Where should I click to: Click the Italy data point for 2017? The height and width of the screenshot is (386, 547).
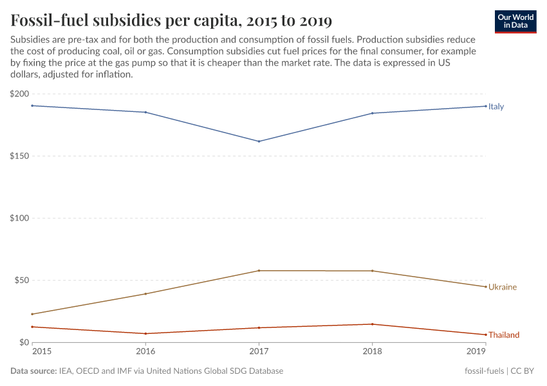259,142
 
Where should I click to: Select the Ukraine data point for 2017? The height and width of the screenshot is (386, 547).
259,271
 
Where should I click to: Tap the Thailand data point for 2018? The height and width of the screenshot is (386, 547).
372,324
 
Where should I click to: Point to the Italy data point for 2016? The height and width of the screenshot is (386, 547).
145,113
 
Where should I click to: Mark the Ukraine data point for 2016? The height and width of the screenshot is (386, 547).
145,294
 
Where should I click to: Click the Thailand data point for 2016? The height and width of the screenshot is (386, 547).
145,334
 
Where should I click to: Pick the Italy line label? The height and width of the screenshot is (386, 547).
496,107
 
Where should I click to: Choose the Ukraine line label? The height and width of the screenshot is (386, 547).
502,287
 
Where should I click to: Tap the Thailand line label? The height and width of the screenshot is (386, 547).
503,335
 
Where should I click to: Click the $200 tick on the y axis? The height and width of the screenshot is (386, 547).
19,94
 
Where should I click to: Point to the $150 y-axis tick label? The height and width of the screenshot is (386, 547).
19,156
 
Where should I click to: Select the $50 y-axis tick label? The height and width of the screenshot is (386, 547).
21,280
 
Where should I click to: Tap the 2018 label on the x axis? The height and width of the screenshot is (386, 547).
372,352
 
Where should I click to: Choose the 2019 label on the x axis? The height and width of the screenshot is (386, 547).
476,352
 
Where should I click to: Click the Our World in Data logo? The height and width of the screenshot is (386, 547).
515,21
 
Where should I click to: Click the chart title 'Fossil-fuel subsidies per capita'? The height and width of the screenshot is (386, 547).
171,20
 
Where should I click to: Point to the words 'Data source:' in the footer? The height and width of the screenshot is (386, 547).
32,371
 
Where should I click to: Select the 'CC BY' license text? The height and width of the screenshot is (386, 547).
524,371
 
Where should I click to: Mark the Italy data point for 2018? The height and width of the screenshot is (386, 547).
372,113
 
